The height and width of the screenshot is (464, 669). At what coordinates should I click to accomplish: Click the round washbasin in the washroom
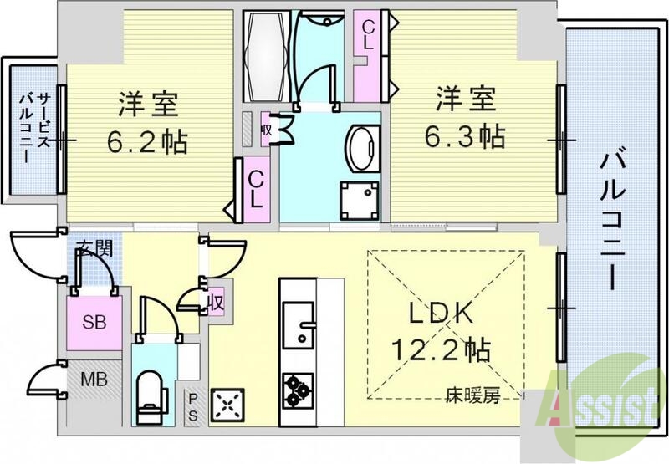pos(361,145)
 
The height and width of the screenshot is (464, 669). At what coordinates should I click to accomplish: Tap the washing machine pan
pos(358,199)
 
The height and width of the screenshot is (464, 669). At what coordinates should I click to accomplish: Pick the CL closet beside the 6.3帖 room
pos(368,35)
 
